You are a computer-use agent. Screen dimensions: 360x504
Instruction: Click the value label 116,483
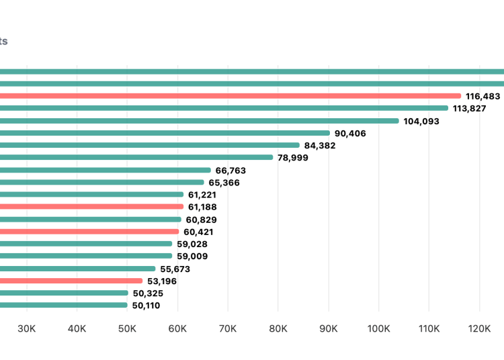(x=482, y=96)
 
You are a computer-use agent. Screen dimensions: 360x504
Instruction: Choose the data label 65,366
(x=224, y=183)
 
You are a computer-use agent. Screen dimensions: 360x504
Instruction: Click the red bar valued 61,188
(x=91, y=207)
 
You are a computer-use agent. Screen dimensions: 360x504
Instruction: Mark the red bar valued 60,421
(x=89, y=232)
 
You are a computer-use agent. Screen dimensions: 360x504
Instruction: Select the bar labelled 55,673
(x=77, y=269)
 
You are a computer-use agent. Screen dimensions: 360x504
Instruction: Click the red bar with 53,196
(x=71, y=281)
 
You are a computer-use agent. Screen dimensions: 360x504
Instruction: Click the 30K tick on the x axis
(x=27, y=328)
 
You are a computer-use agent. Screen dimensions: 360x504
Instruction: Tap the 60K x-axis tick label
(x=177, y=328)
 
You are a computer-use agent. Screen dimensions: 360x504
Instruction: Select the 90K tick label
(x=329, y=328)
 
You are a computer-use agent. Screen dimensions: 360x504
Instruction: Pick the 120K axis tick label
(x=479, y=328)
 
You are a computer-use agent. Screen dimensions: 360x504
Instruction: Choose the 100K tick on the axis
(x=378, y=328)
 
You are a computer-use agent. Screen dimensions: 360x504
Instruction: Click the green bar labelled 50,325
(x=64, y=293)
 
